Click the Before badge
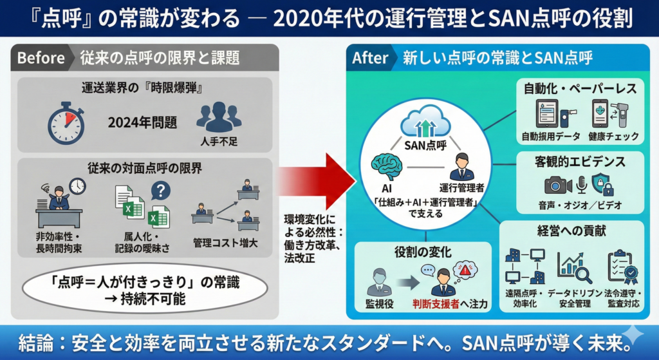click(41, 58)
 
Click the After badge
click(370, 58)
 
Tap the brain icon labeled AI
click(387, 166)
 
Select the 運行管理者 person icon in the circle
click(461, 167)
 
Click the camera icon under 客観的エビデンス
click(557, 185)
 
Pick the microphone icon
click(581, 185)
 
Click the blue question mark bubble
click(160, 190)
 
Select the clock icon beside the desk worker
click(77, 186)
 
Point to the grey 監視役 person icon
click(378, 281)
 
